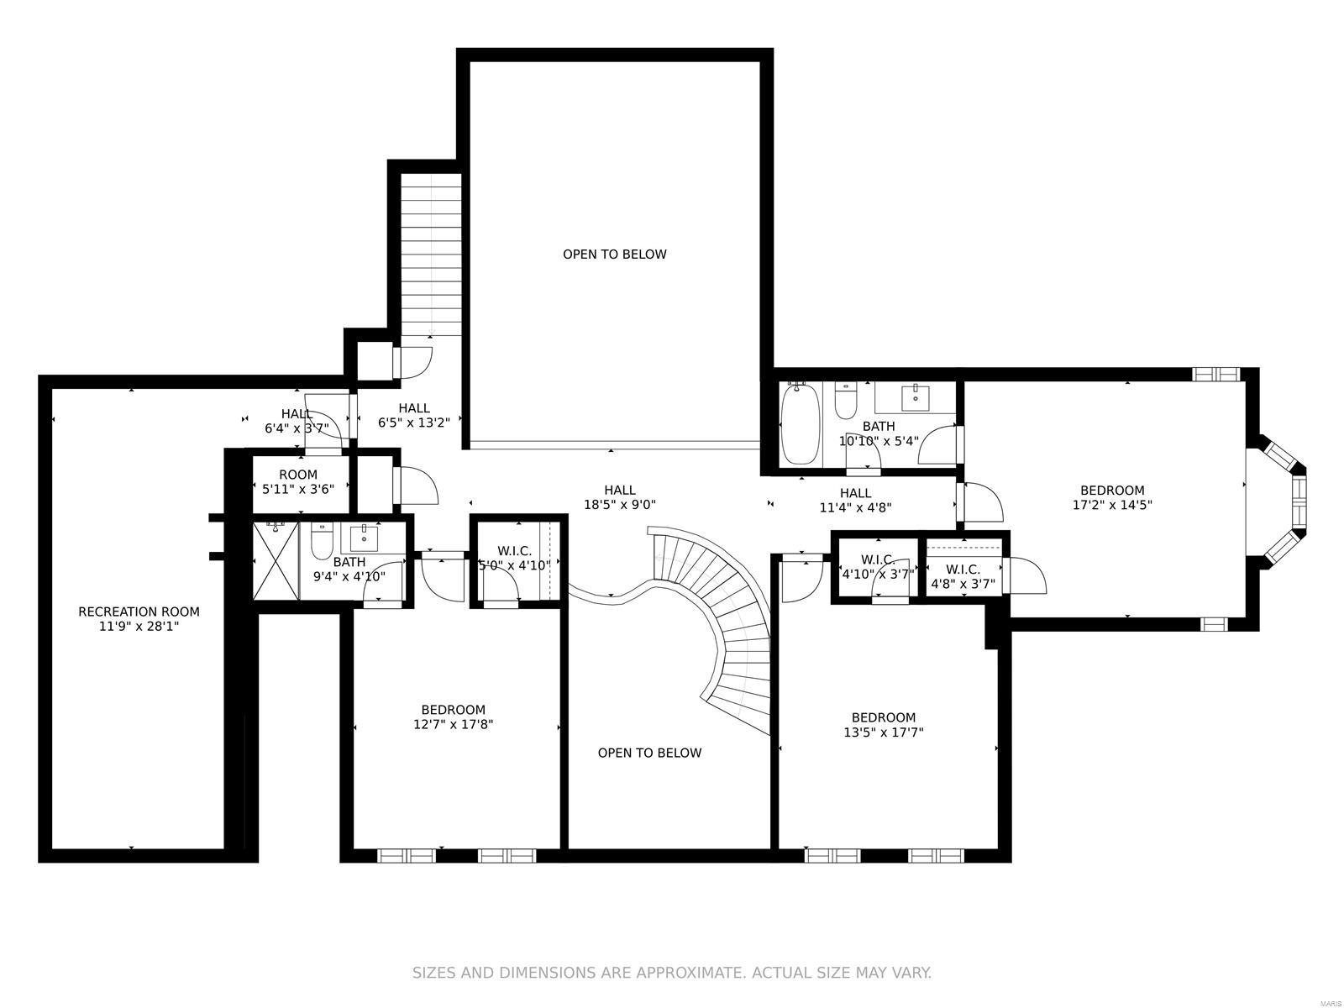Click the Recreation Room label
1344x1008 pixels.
[139, 612]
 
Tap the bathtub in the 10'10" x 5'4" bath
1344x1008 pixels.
[801, 423]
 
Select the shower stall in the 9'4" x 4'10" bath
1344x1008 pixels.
[276, 561]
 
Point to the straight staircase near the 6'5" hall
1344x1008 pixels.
[431, 252]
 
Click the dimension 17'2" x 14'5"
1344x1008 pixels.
[1112, 506]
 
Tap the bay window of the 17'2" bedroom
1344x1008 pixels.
[1285, 499]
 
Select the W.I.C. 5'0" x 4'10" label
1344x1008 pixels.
[514, 559]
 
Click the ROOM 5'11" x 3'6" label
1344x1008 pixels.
[298, 481]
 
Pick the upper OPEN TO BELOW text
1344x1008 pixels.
[614, 255]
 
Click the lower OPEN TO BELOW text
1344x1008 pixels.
[649, 753]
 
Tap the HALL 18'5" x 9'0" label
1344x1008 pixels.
[620, 497]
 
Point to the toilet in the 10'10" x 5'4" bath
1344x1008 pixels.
[845, 402]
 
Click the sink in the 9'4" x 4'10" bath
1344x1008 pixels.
[365, 537]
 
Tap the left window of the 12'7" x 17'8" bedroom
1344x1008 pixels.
[406, 856]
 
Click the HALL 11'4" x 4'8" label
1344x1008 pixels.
[855, 500]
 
